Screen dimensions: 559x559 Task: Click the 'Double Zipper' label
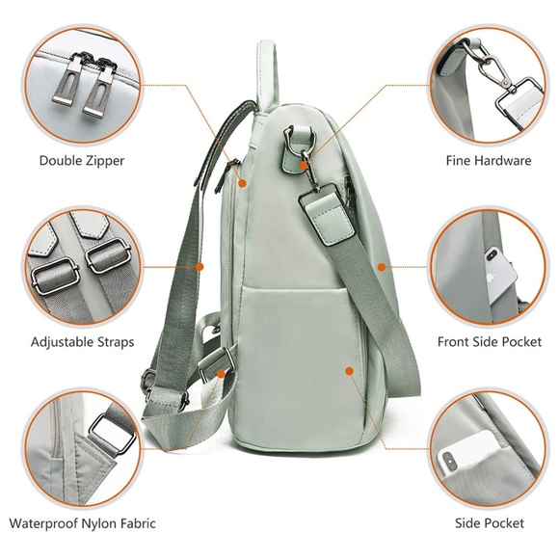tap(82, 160)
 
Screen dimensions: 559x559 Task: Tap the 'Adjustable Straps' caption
tap(82, 341)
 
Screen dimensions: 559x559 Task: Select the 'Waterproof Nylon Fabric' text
tap(82, 523)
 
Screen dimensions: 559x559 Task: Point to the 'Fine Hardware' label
tap(488, 160)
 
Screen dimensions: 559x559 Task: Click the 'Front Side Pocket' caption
tap(489, 341)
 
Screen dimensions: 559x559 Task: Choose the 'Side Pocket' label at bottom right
tap(490, 523)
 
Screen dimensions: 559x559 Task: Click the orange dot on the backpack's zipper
tap(242, 181)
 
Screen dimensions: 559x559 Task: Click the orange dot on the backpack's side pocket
tap(349, 366)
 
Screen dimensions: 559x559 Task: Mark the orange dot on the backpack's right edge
tap(382, 266)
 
